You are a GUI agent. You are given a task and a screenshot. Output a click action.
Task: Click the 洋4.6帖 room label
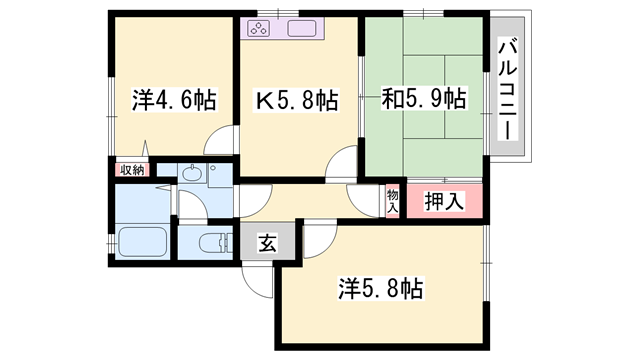(x=173, y=101)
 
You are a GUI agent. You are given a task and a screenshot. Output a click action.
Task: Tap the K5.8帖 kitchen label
(x=297, y=101)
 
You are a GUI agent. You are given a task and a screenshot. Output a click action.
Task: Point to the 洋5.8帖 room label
(x=382, y=290)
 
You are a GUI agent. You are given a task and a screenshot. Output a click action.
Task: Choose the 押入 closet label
(x=443, y=201)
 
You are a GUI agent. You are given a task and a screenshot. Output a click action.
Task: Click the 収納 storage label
(x=132, y=170)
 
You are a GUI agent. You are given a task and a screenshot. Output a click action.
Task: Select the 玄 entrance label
(x=268, y=242)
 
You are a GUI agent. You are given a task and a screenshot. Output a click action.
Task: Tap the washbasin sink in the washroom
(x=193, y=174)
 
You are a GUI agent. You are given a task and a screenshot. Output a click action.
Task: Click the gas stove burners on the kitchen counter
(x=258, y=28)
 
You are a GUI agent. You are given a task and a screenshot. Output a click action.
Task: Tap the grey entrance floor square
(x=268, y=243)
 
